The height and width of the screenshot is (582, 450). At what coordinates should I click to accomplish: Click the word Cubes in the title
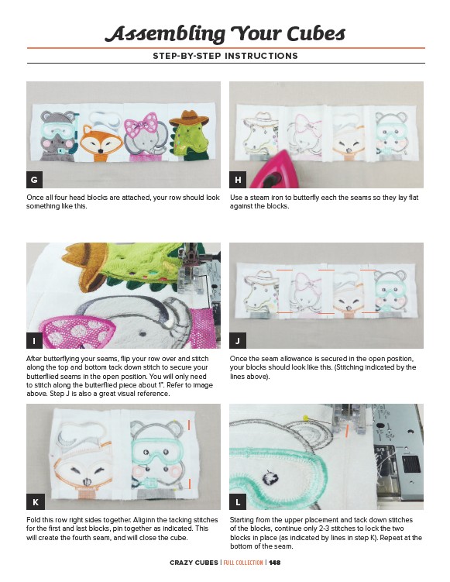pyautogui.click(x=316, y=34)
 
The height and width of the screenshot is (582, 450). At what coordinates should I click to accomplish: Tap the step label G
pyautogui.click(x=35, y=180)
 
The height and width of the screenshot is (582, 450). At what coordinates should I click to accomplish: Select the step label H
pyautogui.click(x=238, y=180)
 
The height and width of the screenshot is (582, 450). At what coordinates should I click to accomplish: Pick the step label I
pyautogui.click(x=35, y=341)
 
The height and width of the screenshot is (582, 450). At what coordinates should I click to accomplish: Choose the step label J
pyautogui.click(x=238, y=341)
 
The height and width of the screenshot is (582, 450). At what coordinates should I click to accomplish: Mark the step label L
pyautogui.click(x=238, y=502)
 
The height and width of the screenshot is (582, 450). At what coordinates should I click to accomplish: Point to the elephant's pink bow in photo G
pyautogui.click(x=141, y=123)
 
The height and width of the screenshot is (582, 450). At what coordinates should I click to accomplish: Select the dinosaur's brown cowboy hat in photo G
pyautogui.click(x=189, y=118)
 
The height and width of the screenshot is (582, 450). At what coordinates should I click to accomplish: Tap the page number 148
pyautogui.click(x=274, y=563)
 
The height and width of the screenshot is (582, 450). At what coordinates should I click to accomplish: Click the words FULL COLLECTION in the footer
pyautogui.click(x=243, y=563)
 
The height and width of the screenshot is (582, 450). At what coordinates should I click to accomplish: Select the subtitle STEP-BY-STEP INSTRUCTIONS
pyautogui.click(x=225, y=56)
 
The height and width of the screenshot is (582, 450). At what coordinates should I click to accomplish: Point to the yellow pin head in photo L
pyautogui.click(x=306, y=418)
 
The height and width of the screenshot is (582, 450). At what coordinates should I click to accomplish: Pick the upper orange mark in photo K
pyautogui.click(x=189, y=425)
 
